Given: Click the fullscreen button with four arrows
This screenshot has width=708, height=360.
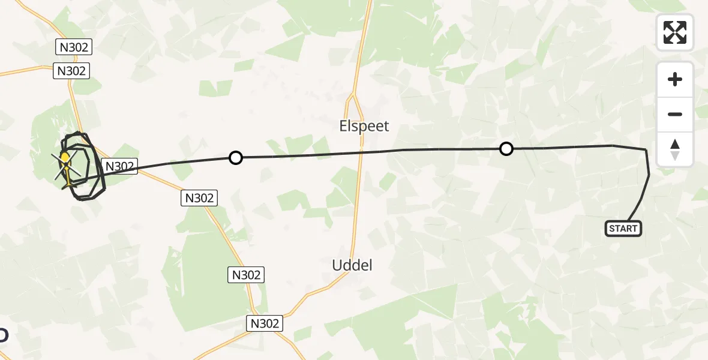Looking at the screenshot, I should (x=675, y=32).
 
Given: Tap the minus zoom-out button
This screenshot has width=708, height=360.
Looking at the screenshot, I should (x=675, y=114).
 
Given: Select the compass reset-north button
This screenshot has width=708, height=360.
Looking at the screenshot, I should (x=675, y=149).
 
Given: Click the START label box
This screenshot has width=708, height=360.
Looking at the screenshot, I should (x=623, y=229).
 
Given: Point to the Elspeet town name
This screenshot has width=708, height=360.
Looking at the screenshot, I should (x=364, y=126).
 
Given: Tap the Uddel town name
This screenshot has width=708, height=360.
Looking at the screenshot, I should (x=352, y=265).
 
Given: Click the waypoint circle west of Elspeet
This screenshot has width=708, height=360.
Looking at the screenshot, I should (x=236, y=158).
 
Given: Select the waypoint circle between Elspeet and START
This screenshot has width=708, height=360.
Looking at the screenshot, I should (x=506, y=149).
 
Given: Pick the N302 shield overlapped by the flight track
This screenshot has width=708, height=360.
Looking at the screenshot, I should (x=120, y=166).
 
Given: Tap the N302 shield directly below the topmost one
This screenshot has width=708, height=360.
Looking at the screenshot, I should (x=71, y=71).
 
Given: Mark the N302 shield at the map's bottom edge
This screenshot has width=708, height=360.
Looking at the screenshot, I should (x=264, y=323).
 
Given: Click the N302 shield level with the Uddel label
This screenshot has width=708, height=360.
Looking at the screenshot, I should (x=246, y=275).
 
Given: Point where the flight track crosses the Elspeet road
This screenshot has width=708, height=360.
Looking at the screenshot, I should (x=362, y=152).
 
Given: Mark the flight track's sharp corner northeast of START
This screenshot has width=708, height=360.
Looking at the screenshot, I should (x=646, y=149).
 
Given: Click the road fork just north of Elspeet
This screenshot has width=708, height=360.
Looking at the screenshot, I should (x=354, y=96).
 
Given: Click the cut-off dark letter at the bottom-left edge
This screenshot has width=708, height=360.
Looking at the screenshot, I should (x=3, y=335).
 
